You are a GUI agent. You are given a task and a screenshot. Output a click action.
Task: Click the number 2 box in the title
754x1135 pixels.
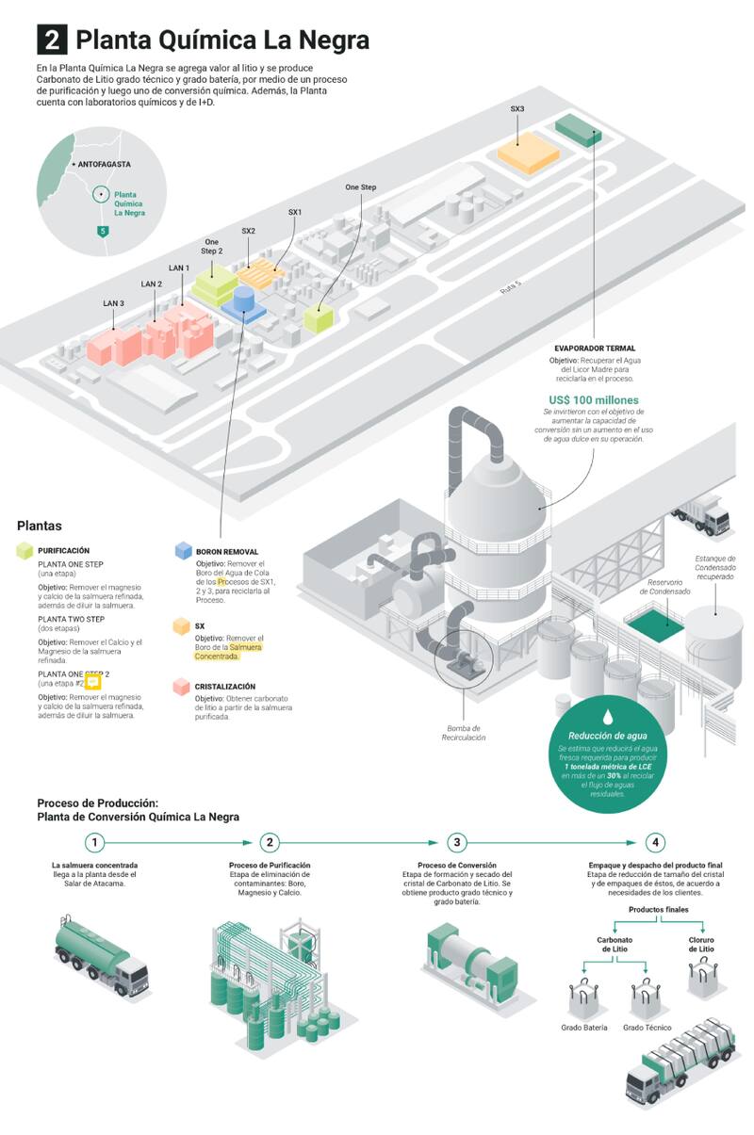(52, 40)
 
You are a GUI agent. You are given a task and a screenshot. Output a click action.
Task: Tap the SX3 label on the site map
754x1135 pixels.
(517, 109)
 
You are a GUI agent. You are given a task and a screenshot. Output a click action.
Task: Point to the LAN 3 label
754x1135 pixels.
(114, 302)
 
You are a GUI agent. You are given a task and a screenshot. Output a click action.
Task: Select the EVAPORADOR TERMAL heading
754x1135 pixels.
(595, 349)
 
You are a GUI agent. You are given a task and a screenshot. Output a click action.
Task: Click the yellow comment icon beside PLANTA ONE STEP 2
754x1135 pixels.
(92, 682)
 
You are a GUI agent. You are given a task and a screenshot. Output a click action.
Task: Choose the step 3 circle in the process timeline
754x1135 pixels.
(457, 842)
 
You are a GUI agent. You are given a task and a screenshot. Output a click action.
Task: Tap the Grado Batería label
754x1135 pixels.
(584, 1027)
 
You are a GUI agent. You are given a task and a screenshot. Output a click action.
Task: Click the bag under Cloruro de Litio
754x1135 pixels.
(700, 979)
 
